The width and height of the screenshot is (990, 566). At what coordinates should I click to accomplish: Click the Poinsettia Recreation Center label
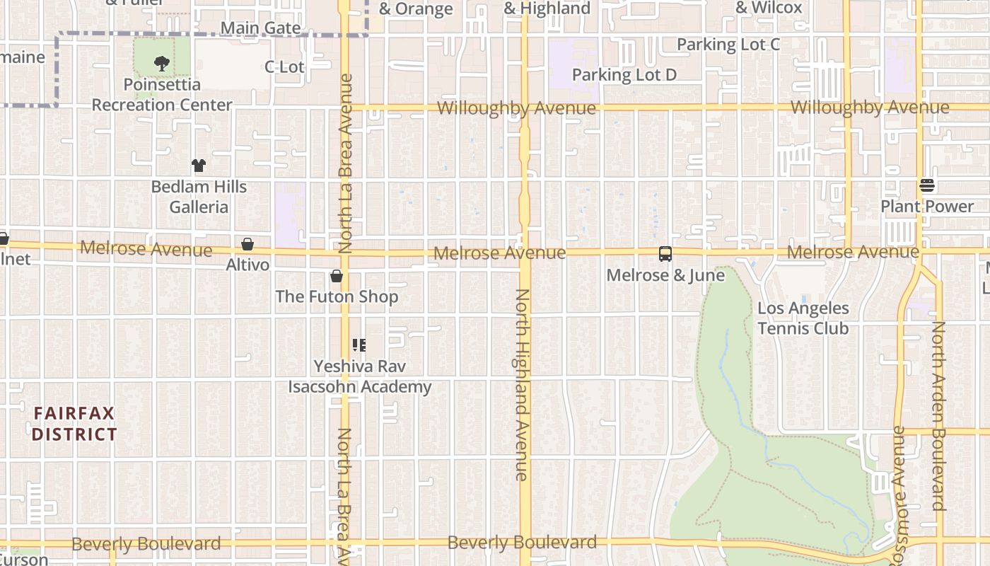(x=162, y=95)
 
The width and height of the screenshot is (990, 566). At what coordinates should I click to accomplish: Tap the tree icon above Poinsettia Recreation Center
(x=162, y=64)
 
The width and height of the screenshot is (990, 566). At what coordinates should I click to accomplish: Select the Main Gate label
(x=260, y=28)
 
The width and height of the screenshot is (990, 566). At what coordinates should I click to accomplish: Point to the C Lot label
(x=284, y=67)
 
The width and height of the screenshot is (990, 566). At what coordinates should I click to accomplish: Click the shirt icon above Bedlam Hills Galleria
(x=199, y=166)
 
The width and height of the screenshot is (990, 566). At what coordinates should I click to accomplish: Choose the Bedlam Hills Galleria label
(x=199, y=197)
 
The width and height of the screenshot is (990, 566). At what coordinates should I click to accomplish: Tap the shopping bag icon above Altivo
(x=248, y=244)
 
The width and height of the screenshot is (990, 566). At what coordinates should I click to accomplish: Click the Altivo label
(x=248, y=265)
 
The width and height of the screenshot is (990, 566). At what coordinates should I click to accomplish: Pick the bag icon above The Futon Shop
(x=337, y=276)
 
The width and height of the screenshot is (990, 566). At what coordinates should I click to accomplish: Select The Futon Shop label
(x=337, y=296)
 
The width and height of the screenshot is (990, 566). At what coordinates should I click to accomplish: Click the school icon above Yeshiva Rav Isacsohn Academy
(x=359, y=345)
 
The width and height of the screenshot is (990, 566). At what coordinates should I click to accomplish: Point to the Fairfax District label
(x=74, y=423)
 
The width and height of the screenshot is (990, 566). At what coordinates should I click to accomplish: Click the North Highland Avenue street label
(x=522, y=385)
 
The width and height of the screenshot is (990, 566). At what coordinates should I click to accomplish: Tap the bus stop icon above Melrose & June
(x=665, y=254)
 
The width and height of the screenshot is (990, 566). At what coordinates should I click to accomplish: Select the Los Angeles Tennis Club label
(x=803, y=318)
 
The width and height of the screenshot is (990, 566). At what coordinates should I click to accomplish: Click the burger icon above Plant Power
(x=927, y=185)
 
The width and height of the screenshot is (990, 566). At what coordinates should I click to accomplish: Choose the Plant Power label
(x=927, y=207)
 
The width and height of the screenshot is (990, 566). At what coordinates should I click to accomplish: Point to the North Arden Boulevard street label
(x=938, y=416)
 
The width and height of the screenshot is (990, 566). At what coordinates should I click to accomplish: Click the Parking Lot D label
(x=624, y=75)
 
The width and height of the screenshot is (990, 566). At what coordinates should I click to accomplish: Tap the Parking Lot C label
(x=728, y=45)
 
